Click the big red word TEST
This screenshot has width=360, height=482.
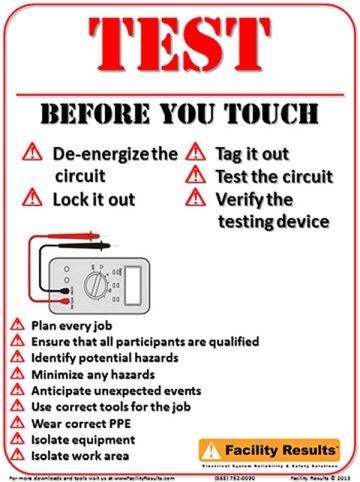(x=180, y=50)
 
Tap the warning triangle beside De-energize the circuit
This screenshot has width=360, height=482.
(x=32, y=154)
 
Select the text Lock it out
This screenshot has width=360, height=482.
(x=95, y=198)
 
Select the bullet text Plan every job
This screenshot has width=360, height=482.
(x=71, y=326)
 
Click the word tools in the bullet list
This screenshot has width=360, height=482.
(x=121, y=406)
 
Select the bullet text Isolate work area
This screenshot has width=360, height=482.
(x=80, y=454)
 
